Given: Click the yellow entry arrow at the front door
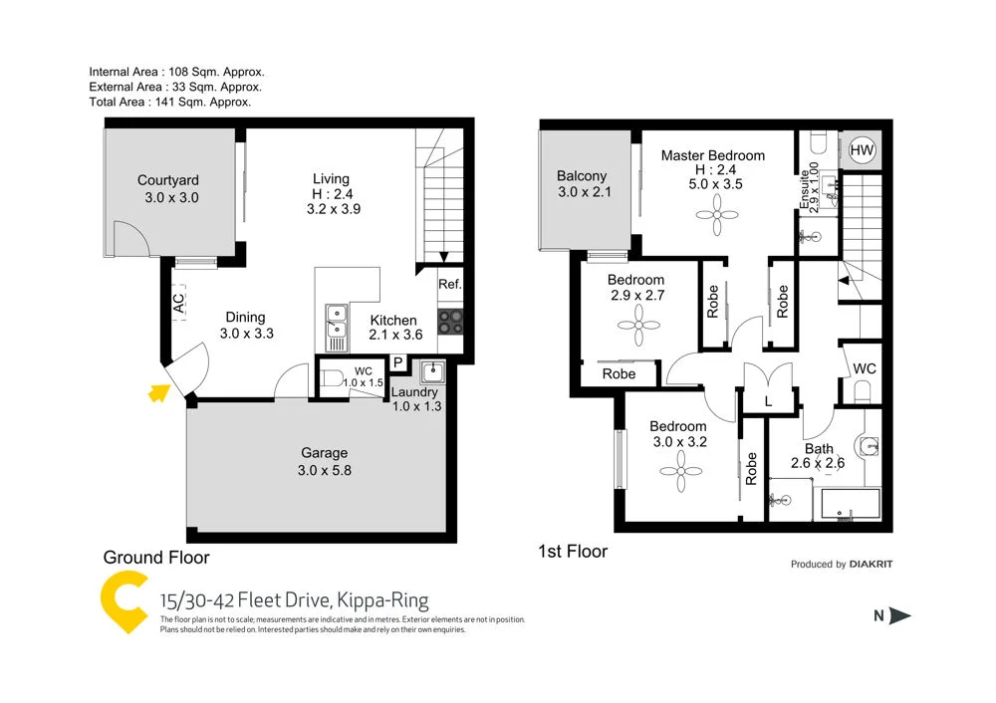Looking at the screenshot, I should pos(156,393).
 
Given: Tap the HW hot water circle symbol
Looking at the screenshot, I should pos(863,150).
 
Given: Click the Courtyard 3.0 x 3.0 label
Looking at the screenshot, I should pos(168,189).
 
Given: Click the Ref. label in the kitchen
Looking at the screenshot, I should pos(450,285).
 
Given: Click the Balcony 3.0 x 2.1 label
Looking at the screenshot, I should pos(583,184).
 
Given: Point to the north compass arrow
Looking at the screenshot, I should pos(900,615).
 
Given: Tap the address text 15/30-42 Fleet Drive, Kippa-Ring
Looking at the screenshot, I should pos(294,600).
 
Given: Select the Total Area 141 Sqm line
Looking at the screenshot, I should pos(169,102).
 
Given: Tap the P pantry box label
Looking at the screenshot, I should pos(396,362).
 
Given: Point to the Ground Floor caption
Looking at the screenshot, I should pos(156,558).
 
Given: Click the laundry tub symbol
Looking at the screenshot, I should pos(432,372).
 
